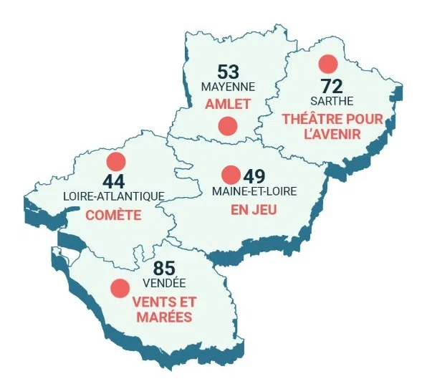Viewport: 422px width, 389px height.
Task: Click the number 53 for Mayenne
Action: pyautogui.click(x=228, y=72)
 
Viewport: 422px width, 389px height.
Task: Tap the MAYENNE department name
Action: pyautogui.click(x=228, y=87)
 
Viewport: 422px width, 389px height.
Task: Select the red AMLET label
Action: pyautogui.click(x=228, y=104)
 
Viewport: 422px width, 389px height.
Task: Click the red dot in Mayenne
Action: pyautogui.click(x=228, y=126)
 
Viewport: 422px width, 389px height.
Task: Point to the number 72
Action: pyautogui.click(x=332, y=87)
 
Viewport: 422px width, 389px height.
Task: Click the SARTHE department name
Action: pyautogui.click(x=332, y=102)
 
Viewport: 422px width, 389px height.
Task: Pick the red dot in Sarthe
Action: pyautogui.click(x=328, y=63)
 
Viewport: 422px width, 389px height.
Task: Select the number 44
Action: pyautogui.click(x=114, y=181)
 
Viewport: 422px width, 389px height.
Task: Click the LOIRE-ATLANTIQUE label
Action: pyautogui.click(x=114, y=196)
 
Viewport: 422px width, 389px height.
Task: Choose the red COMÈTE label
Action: pyautogui.click(x=113, y=215)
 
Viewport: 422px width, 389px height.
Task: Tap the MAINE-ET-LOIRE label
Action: pyautogui.click(x=254, y=191)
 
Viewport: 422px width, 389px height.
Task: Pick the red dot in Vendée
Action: pyautogui.click(x=119, y=288)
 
